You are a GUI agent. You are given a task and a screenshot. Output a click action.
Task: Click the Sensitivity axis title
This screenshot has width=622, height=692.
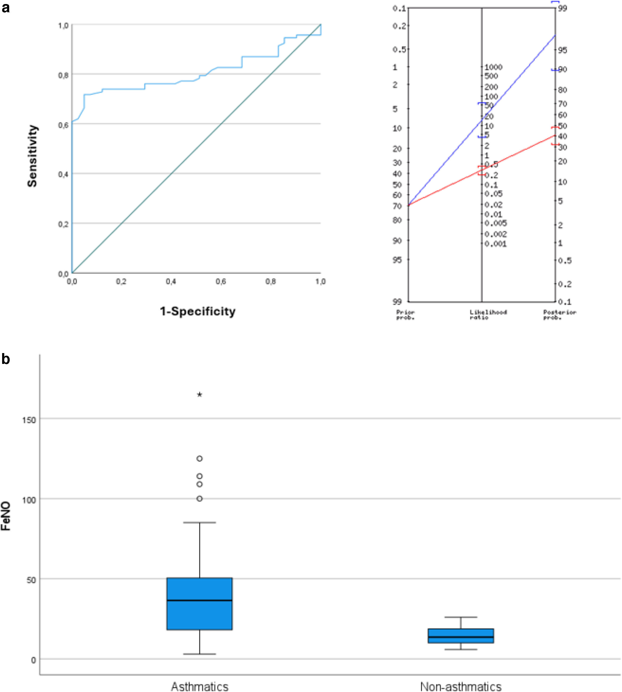(33, 156)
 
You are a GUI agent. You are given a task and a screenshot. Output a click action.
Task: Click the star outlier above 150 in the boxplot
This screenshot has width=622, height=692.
(200, 395)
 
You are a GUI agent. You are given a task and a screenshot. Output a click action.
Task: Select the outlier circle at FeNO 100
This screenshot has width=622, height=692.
(200, 499)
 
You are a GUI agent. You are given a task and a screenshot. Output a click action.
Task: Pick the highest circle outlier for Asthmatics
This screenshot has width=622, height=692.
(200, 458)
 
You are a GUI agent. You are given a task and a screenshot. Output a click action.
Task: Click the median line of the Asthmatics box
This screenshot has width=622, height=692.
(200, 600)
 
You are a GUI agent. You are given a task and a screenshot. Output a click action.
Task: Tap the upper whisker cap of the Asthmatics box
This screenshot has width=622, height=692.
(200, 522)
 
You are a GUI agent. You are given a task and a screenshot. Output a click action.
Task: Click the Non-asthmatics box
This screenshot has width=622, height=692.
(461, 636)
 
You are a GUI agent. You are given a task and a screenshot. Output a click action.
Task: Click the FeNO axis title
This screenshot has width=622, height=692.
(6, 516)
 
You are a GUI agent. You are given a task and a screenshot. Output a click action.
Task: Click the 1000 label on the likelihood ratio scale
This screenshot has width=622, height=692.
(493, 67)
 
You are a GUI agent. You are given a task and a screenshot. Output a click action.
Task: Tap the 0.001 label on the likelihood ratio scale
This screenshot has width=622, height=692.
(495, 244)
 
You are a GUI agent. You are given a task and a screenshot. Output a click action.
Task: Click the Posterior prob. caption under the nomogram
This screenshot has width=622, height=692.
(559, 314)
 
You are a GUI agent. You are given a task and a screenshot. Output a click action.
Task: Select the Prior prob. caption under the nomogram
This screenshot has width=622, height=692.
(405, 314)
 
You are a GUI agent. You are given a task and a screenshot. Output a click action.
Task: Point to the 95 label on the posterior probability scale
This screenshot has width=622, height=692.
(562, 50)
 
